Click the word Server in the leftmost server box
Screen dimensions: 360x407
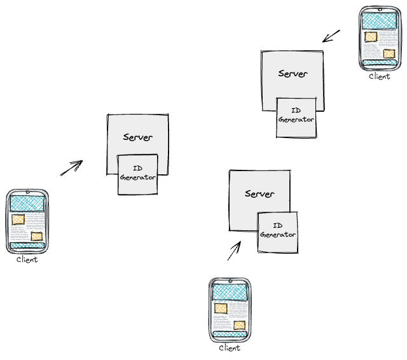click(137, 137)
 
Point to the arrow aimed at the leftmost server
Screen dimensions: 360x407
click(72, 167)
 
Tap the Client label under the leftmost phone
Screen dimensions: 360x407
click(27, 259)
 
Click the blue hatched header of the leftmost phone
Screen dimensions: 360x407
click(27, 203)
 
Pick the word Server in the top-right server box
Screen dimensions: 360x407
click(293, 74)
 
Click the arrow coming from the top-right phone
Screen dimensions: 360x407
click(331, 36)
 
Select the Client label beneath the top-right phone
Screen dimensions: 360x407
click(380, 76)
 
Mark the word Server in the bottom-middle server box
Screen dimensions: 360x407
click(259, 194)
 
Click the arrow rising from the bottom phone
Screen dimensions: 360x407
click(234, 251)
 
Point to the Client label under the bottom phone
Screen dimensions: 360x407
click(230, 348)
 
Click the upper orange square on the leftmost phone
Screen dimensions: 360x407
click(18, 219)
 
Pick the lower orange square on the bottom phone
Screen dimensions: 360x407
click(239, 326)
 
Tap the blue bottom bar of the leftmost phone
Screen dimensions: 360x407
click(27, 246)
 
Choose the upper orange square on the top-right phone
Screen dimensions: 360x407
click(370, 37)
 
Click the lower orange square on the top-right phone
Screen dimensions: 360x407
click(389, 54)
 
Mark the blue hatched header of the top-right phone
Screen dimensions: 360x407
click(380, 20)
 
